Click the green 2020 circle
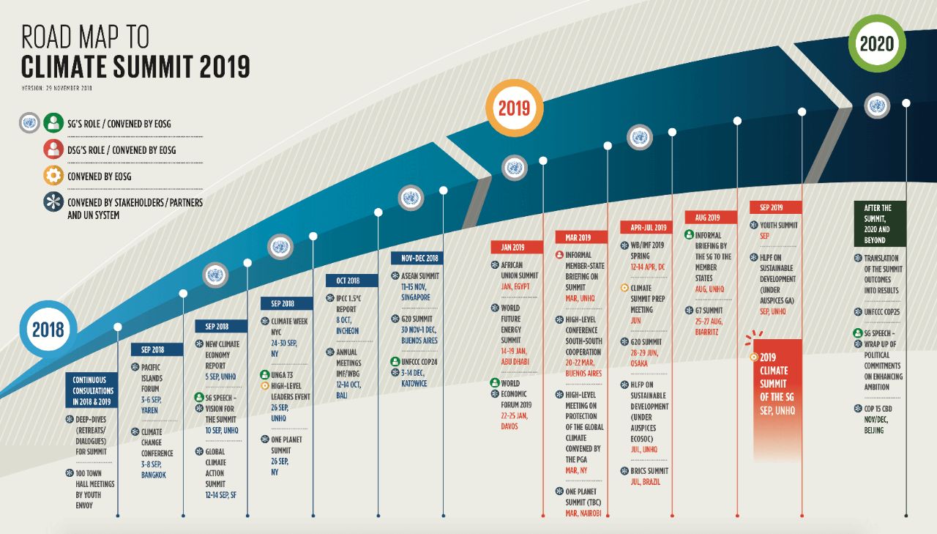877,44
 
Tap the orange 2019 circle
515,108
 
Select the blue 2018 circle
48,329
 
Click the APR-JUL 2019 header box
645,227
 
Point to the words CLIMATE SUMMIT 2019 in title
135,67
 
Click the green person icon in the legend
53,123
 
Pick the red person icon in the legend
53,149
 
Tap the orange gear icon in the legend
53,177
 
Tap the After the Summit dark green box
878,223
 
